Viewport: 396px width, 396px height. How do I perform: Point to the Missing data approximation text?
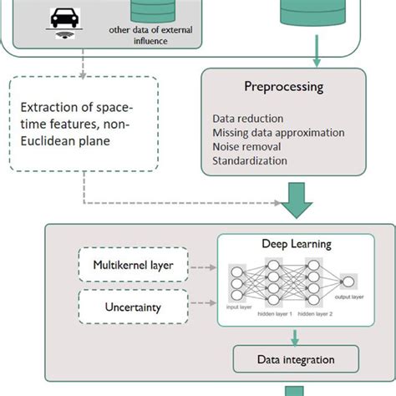[x=278, y=134]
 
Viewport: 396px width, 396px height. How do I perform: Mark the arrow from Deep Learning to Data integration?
[x=294, y=337]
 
